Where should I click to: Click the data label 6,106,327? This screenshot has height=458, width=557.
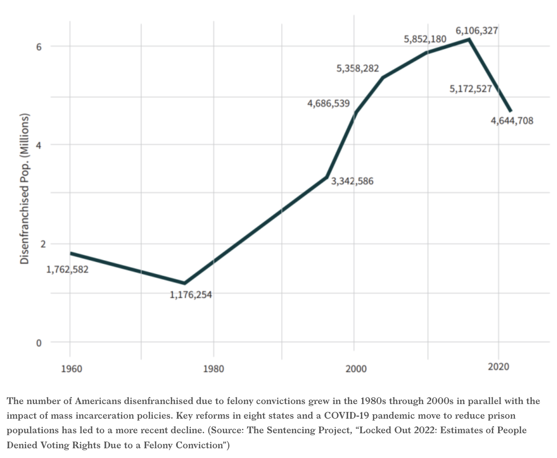[476, 31]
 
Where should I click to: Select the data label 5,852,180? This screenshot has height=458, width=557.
[425, 39]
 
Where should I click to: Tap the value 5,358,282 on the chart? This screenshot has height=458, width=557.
[357, 69]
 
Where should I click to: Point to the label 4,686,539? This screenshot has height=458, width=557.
[328, 103]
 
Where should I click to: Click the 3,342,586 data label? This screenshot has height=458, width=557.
[352, 181]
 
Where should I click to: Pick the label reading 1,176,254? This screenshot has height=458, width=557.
[190, 294]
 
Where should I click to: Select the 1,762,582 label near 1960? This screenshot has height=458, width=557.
[67, 269]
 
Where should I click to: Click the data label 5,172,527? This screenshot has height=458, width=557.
[470, 89]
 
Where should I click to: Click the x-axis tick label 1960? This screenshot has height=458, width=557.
[71, 368]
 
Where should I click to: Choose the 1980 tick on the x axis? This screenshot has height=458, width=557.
[213, 368]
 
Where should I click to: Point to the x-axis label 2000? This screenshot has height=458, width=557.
[356, 368]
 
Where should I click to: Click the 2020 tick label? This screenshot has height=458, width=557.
[498, 366]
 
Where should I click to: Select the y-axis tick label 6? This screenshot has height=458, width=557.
[39, 47]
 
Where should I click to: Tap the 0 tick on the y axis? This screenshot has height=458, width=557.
[39, 343]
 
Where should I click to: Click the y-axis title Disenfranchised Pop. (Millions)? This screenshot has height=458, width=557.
[25, 189]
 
